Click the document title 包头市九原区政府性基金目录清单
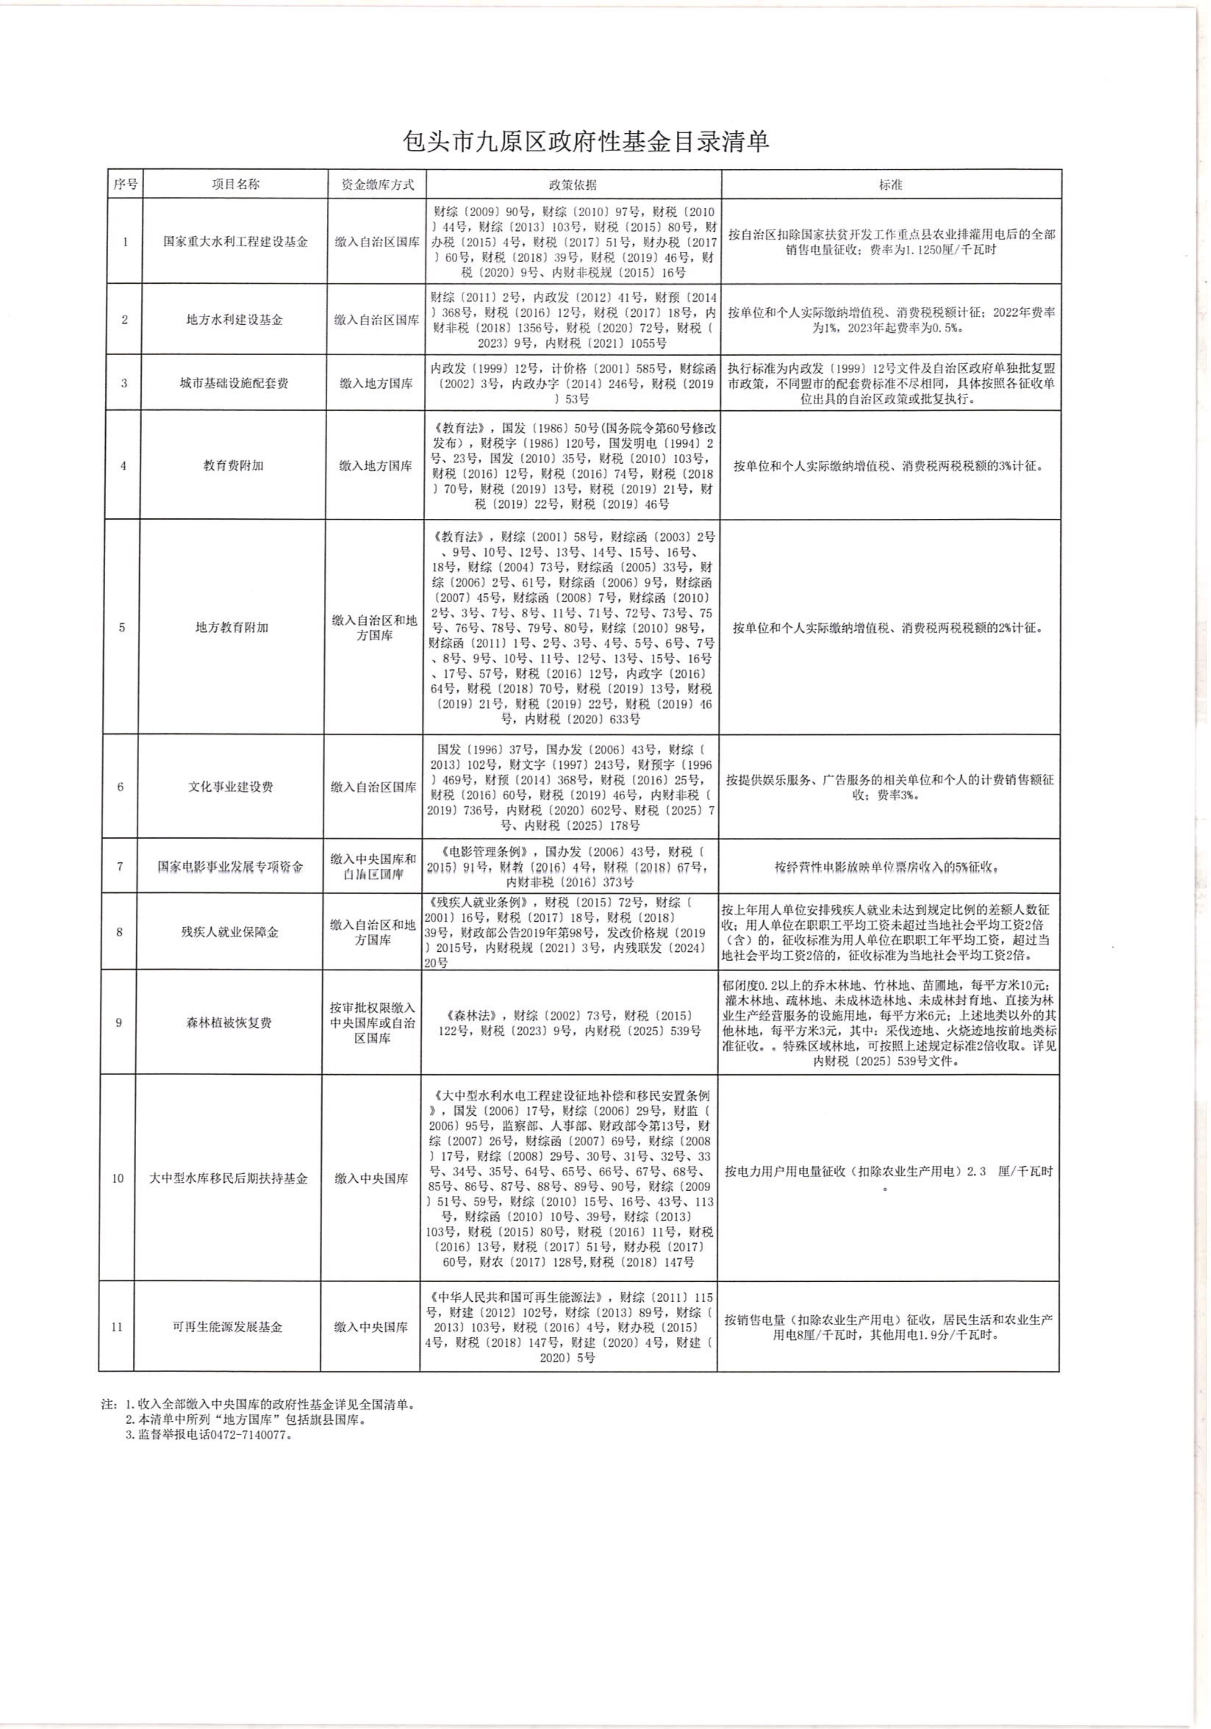tap(586, 142)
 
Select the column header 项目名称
tap(235, 184)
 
